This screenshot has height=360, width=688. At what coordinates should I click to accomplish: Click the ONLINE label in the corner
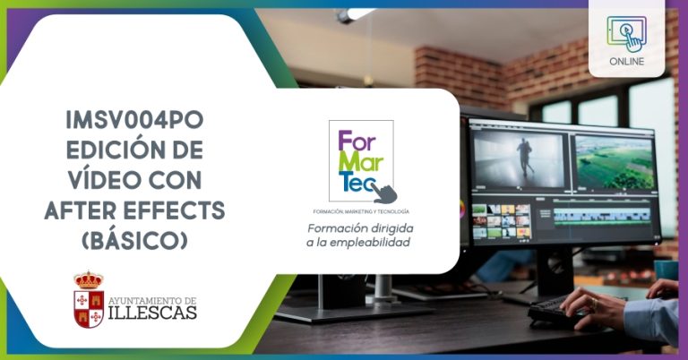[x=626, y=62]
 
